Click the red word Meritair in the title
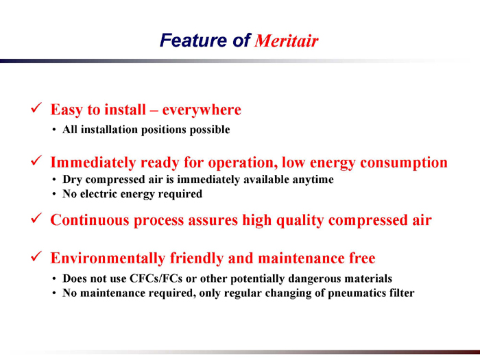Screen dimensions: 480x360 (x=286, y=40)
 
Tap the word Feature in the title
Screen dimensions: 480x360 (x=193, y=40)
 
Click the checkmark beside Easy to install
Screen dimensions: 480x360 (x=36, y=108)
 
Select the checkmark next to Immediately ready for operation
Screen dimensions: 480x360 (x=36, y=160)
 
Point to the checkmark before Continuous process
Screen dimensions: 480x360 (x=36, y=218)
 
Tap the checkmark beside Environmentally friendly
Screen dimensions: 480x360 (x=36, y=256)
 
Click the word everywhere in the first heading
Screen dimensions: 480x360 (x=202, y=110)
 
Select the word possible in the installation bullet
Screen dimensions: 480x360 (x=210, y=130)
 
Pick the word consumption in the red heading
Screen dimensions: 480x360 (x=404, y=163)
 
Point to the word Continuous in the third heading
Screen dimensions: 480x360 (x=90, y=220)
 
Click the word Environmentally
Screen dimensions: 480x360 (x=108, y=259)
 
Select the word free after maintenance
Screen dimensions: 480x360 (x=363, y=258)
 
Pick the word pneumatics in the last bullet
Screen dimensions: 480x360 (x=357, y=293)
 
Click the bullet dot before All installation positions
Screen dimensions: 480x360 (x=54, y=130)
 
